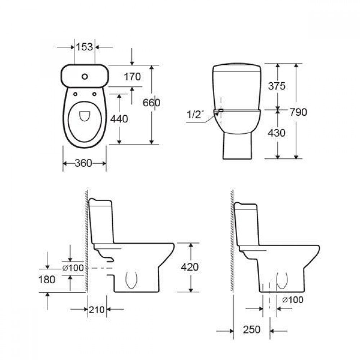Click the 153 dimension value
[x=85, y=47]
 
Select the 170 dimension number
[x=132, y=77]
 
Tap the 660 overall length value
[x=152, y=103]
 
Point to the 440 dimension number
[x=119, y=119]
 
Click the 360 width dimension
[x=84, y=163]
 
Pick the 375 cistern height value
[x=277, y=86]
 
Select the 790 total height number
[x=298, y=112]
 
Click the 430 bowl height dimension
[x=276, y=133]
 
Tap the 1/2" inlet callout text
[x=195, y=114]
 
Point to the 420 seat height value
[x=190, y=267]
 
